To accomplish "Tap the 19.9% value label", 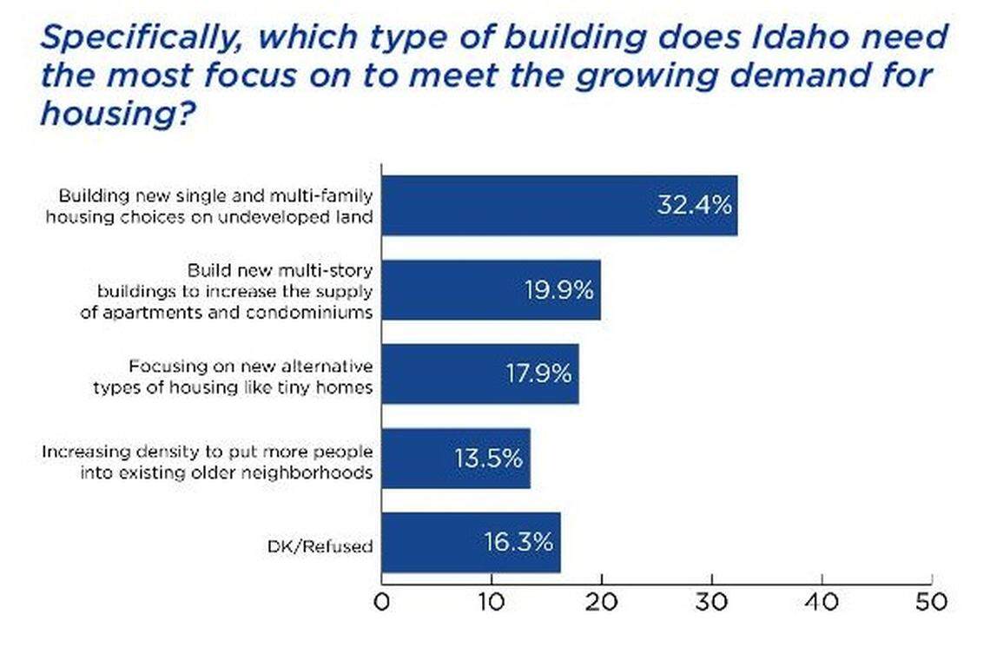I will click(x=558, y=290).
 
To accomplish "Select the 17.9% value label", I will click(x=538, y=373).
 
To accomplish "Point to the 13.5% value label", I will click(x=488, y=458).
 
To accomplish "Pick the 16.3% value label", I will click(x=518, y=542).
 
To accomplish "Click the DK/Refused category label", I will click(x=320, y=546).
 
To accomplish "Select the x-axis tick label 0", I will click(x=381, y=603).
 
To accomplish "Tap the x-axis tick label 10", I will click(x=492, y=603).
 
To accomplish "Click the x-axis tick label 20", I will click(x=601, y=603).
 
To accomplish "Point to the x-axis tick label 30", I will click(x=711, y=603).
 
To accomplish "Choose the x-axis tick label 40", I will click(x=822, y=603).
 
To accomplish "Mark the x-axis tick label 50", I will click(x=931, y=603).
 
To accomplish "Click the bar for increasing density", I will click(x=456, y=458).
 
